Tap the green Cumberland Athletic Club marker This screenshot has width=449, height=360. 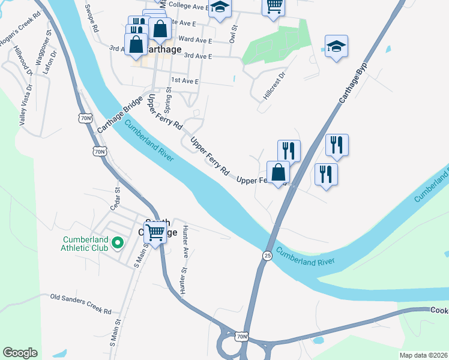(x=118, y=243)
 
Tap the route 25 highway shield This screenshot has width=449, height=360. (x=266, y=256)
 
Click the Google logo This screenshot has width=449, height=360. (x=20, y=352)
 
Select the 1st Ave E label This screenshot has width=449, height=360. (x=184, y=80)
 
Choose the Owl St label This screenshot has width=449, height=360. (x=234, y=34)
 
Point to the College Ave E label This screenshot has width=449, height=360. (x=187, y=6)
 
